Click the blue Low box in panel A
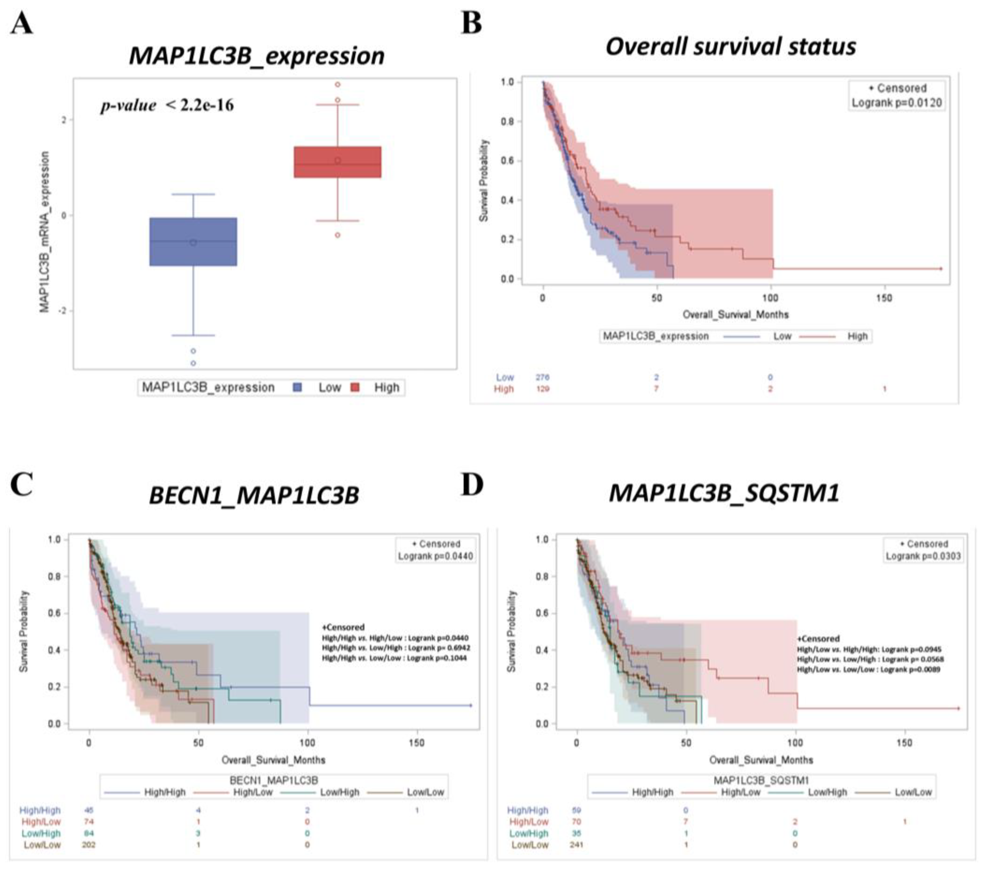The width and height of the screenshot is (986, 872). [x=193, y=242]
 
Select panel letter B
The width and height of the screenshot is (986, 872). [x=471, y=23]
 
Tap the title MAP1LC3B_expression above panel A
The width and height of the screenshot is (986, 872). [x=257, y=56]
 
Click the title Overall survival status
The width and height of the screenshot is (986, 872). [x=730, y=47]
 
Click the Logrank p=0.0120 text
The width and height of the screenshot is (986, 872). [x=896, y=103]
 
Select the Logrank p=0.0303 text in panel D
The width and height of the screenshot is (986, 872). [x=923, y=556]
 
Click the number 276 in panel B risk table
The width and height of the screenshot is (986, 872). [x=542, y=377]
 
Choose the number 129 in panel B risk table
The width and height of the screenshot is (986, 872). [x=542, y=389]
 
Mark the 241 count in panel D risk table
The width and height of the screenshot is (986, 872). [x=577, y=845]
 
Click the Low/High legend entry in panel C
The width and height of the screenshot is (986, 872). [x=340, y=792]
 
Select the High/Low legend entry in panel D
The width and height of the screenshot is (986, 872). [x=740, y=792]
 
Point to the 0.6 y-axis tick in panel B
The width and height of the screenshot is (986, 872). [x=507, y=161]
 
